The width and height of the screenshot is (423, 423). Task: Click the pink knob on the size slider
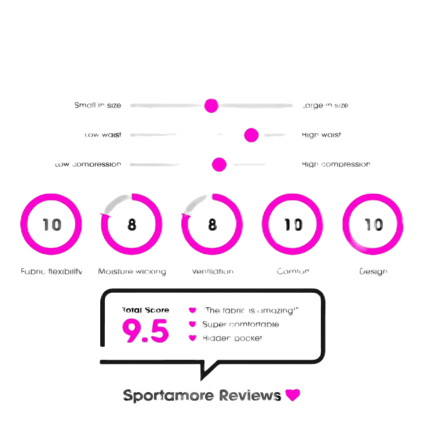click(211, 105)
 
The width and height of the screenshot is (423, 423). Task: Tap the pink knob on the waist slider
click(252, 135)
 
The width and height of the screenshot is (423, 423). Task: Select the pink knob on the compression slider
click(219, 164)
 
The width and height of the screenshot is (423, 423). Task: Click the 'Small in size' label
click(98, 105)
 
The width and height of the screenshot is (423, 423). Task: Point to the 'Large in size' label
click(325, 105)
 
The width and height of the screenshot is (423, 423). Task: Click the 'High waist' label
click(321, 135)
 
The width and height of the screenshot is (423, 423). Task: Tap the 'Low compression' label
click(88, 164)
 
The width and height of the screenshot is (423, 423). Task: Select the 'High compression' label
click(336, 164)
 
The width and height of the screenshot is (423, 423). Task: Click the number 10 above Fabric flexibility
click(51, 225)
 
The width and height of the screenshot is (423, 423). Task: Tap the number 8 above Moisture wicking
click(132, 225)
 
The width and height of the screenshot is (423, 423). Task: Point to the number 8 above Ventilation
click(212, 225)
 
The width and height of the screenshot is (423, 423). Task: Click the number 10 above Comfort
click(293, 225)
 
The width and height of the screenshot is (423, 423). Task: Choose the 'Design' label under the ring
click(373, 271)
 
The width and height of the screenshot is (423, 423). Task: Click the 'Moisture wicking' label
click(132, 271)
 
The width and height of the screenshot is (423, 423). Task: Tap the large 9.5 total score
click(145, 331)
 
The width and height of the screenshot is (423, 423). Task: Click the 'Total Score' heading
click(145, 310)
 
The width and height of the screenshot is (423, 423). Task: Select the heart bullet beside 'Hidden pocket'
click(193, 338)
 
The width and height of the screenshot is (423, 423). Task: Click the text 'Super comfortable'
click(240, 324)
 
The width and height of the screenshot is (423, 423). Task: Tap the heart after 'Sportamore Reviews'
click(292, 395)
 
